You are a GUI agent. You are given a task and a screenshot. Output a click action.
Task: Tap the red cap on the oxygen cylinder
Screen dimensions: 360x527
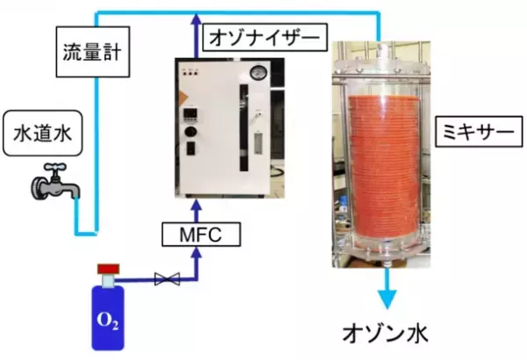(107, 268)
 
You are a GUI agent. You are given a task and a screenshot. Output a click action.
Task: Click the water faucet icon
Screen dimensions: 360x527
(54, 187)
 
